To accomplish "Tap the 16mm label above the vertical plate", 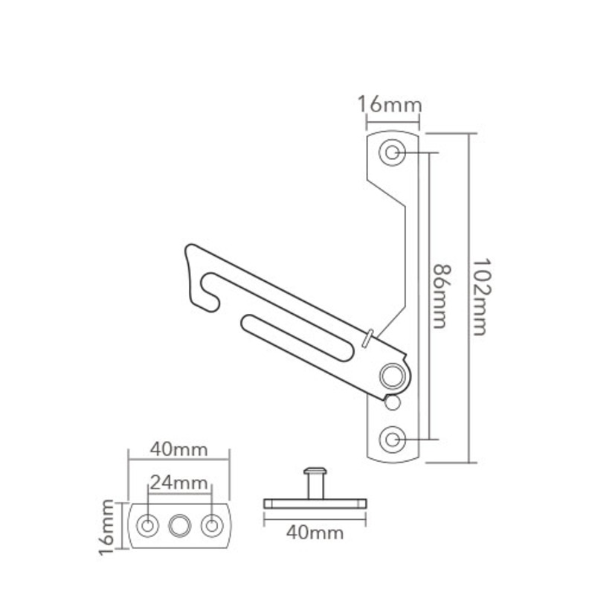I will [389, 104].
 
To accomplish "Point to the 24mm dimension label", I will [178, 482].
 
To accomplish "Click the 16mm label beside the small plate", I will [109, 527].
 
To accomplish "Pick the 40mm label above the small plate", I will [178, 450].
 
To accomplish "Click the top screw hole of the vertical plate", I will [391, 152].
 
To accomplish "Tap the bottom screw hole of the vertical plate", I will [391, 440].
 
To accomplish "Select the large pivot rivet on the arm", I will [391, 375].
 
